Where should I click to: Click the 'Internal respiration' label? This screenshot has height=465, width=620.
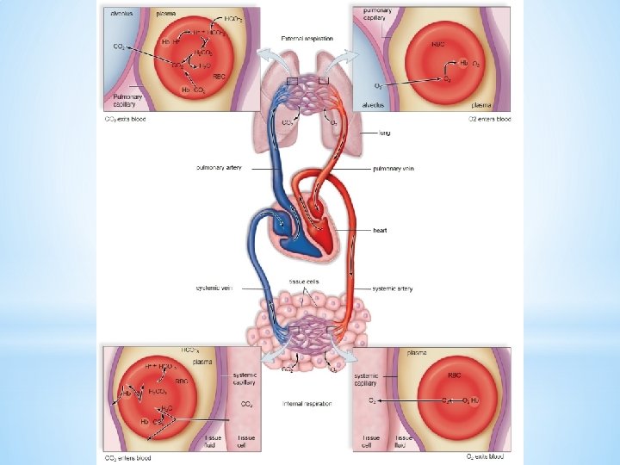(307, 403)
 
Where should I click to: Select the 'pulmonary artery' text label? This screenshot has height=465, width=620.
(220, 168)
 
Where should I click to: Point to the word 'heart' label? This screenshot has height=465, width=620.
(380, 231)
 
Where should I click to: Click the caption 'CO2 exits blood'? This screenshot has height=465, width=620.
(125, 119)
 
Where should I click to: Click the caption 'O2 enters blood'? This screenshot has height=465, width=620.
(489, 119)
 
